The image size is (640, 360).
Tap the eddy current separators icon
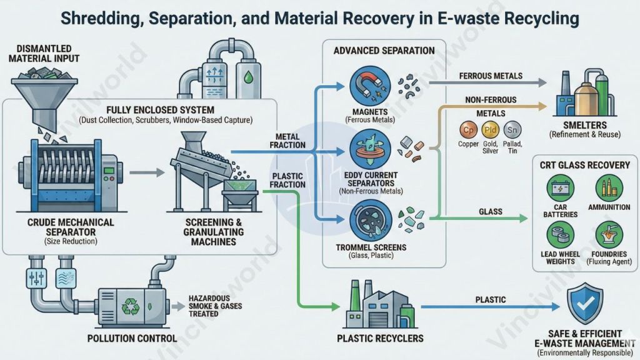363,148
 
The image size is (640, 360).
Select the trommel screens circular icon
363,219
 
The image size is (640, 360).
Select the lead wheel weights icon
560,234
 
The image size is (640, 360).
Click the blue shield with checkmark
584,302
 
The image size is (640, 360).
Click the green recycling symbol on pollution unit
132,306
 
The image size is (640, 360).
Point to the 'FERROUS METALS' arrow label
490,76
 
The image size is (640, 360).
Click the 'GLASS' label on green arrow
491,212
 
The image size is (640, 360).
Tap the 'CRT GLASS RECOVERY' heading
584,165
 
